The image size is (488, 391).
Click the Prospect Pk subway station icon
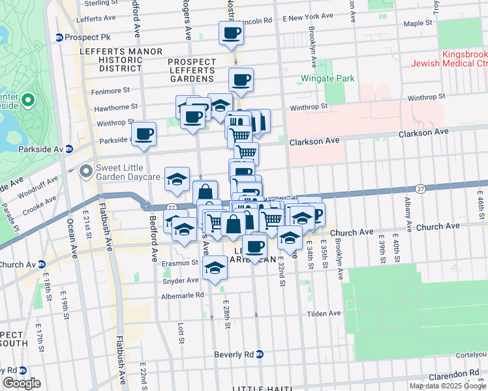click(59, 38)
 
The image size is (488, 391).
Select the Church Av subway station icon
click(41, 265)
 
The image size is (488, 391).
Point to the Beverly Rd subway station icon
click(259, 355)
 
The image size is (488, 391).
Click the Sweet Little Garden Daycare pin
click(85, 171)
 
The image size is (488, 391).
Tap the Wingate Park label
click(328, 79)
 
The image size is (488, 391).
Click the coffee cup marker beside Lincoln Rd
click(231, 32)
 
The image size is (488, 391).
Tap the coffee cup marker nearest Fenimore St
click(241, 80)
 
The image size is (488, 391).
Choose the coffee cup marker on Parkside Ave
click(144, 134)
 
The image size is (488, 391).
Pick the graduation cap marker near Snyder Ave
click(215, 267)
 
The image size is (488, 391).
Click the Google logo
click(22, 383)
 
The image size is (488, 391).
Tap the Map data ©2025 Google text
click(448, 386)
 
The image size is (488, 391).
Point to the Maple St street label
click(418, 23)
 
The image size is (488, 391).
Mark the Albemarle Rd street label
click(183, 295)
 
